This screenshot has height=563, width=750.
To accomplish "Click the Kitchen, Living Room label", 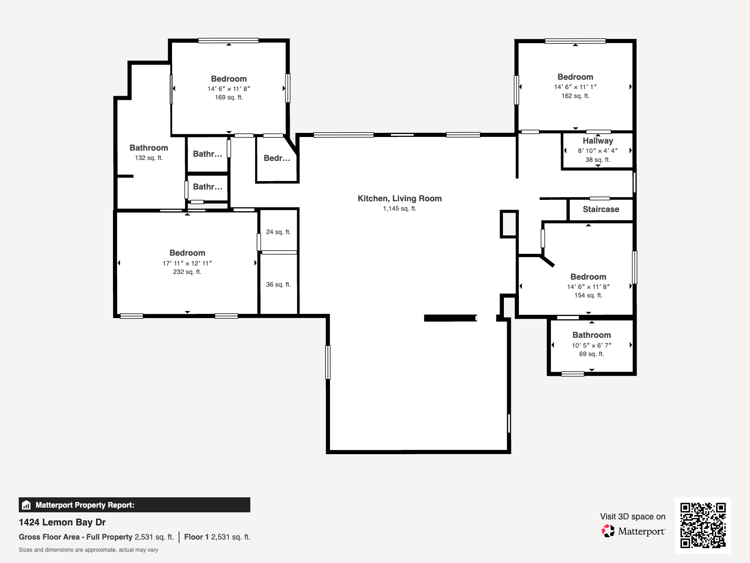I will coord(399,198).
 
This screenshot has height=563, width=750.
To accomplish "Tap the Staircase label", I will coord(600,209).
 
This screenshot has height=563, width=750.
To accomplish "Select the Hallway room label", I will coord(598,141).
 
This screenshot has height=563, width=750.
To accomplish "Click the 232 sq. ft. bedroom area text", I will coord(187,272).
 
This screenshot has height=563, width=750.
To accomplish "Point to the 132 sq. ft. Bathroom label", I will coord(149,148).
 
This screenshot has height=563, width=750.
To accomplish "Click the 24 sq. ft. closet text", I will coord(278,232).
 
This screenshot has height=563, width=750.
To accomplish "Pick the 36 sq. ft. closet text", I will coord(278,284).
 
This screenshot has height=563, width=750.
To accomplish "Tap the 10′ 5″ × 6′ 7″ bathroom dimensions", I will coord(591,345).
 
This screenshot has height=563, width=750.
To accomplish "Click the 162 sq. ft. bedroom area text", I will coord(575,96).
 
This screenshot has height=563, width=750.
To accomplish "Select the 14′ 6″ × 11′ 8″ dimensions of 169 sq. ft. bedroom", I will coord(229,89).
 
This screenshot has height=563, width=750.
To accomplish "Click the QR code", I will coord(703,525).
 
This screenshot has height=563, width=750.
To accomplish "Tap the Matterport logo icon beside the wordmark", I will coord(608,531).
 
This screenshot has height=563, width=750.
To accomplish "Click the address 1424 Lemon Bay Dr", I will coord(62,522).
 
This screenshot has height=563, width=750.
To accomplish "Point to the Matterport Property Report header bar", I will coord(134,505).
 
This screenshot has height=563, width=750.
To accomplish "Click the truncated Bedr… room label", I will coord(277,158).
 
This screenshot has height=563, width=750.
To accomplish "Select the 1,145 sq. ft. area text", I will coord(399,208).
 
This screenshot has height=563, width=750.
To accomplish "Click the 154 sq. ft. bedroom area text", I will coord(588,295).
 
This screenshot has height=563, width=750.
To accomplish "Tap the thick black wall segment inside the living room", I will coord(450,318).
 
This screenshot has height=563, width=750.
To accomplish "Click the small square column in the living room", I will coord(509,224).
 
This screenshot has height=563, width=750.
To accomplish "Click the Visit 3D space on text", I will coord(632,517).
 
